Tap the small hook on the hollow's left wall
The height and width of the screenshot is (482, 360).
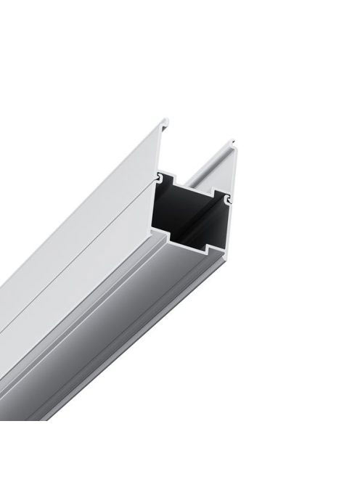[158, 176]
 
